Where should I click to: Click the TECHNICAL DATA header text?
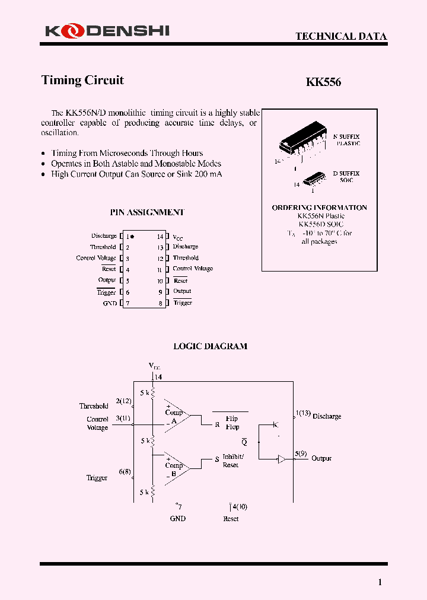[341, 36]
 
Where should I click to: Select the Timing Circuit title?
[82, 80]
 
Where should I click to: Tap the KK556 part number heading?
[323, 82]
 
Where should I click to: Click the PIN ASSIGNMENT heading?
[147, 212]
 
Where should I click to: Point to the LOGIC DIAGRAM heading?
[210, 346]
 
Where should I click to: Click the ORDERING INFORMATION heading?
[319, 208]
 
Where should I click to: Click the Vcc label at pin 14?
[178, 237]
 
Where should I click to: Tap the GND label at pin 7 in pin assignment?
[110, 303]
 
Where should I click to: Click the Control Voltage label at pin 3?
[96, 258]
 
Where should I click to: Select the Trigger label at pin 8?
[183, 303]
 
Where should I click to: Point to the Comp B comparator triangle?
[176, 467]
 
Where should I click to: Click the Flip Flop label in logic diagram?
[232, 423]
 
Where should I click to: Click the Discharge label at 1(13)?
[326, 416]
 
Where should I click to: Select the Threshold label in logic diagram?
[94, 406]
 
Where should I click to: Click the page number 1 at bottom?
[380, 582]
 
